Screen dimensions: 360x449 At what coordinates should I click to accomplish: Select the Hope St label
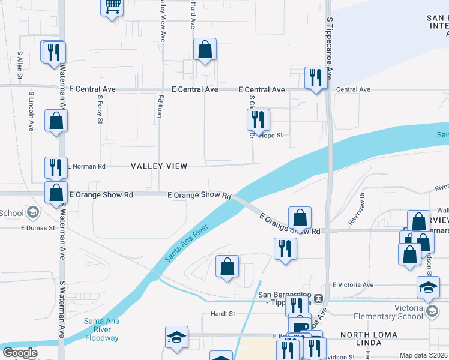click(271, 136)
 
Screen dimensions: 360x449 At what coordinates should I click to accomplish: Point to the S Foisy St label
click(99, 109)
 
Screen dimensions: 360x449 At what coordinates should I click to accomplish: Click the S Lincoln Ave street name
click(31, 111)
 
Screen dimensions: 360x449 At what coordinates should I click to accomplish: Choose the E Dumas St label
click(38, 228)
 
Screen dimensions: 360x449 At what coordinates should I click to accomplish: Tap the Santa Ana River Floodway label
click(101, 329)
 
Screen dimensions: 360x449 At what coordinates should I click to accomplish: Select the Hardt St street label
click(221, 314)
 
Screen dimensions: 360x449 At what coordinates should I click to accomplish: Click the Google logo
click(20, 353)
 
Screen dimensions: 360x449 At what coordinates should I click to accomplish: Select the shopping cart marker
click(112, 7)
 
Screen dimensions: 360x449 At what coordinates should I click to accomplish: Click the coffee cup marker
click(300, 323)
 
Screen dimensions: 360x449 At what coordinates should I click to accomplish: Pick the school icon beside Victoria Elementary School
click(432, 310)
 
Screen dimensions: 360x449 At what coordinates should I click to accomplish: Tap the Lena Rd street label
click(160, 106)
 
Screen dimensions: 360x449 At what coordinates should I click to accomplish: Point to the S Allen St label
click(20, 65)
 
